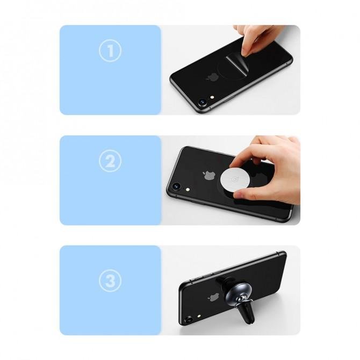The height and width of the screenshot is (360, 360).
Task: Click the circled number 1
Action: pyautogui.click(x=110, y=51)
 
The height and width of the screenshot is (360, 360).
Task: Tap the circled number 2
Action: pyautogui.click(x=110, y=161)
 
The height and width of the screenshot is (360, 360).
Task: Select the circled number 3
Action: pyautogui.click(x=110, y=280)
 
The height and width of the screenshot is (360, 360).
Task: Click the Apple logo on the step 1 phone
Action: pyautogui.click(x=212, y=77)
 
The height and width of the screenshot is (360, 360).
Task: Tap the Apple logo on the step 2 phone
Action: pyautogui.click(x=209, y=175)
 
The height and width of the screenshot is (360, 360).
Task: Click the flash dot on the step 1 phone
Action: pyautogui.click(x=212, y=97)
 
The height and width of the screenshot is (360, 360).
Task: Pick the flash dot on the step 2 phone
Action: pyautogui.click(x=188, y=190)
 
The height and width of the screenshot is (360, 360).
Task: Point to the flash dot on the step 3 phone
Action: pyautogui.click(x=199, y=316)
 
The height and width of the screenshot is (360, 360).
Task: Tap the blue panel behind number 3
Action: pyautogui.click(x=110, y=290)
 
